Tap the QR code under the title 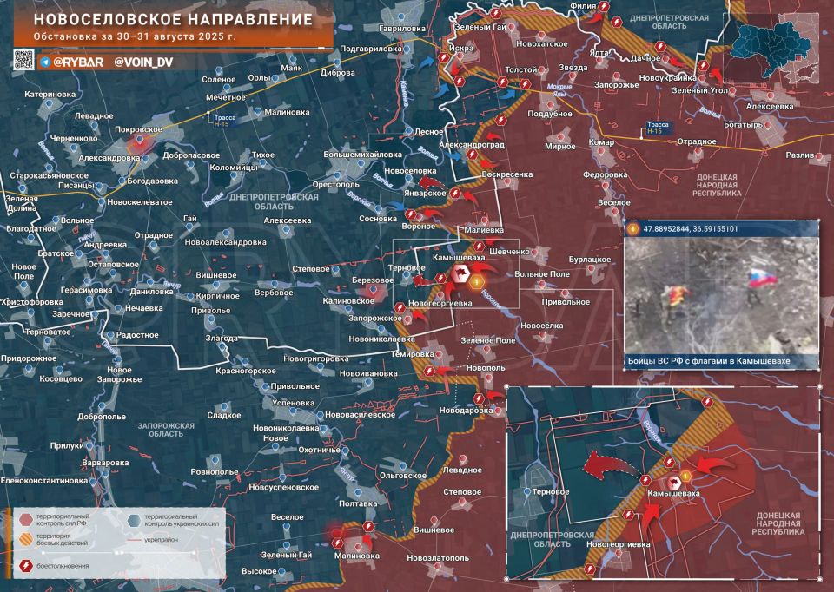click(x=23, y=60)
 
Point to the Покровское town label click(x=138, y=129)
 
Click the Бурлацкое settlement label click(x=590, y=260)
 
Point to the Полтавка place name click(x=357, y=503)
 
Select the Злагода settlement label click(x=222, y=338)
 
